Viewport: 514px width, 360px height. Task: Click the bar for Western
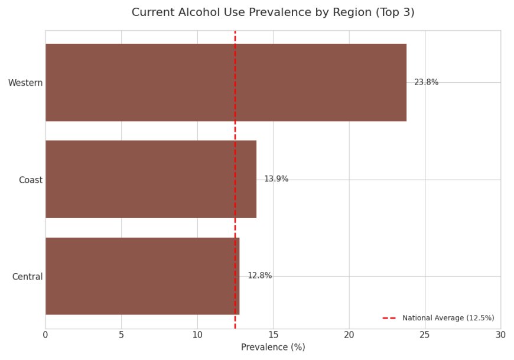(x=226, y=83)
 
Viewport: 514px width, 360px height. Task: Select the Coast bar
(x=151, y=179)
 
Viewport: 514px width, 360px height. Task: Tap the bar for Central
(x=142, y=276)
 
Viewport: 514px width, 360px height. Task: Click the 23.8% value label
(x=426, y=83)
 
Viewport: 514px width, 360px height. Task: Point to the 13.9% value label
(x=276, y=179)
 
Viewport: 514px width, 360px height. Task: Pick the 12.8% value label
(x=259, y=276)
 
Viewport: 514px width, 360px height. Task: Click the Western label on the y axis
(x=25, y=83)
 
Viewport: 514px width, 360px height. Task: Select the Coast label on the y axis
(x=31, y=180)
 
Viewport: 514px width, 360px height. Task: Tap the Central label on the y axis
(x=27, y=277)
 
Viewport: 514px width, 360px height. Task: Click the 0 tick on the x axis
(x=45, y=335)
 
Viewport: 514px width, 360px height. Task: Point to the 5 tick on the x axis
(x=122, y=335)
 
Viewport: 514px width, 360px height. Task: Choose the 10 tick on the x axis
(x=197, y=335)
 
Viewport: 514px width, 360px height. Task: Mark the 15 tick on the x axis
(x=273, y=335)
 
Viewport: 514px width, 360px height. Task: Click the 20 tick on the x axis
(x=349, y=335)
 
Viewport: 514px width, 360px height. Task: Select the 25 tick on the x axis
(x=425, y=335)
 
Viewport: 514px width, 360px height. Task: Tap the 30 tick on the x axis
(x=500, y=335)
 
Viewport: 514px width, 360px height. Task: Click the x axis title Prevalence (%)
(x=273, y=348)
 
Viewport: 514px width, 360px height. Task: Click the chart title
(x=273, y=12)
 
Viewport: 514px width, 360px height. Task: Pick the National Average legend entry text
(x=448, y=318)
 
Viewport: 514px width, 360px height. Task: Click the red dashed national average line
(x=235, y=130)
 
